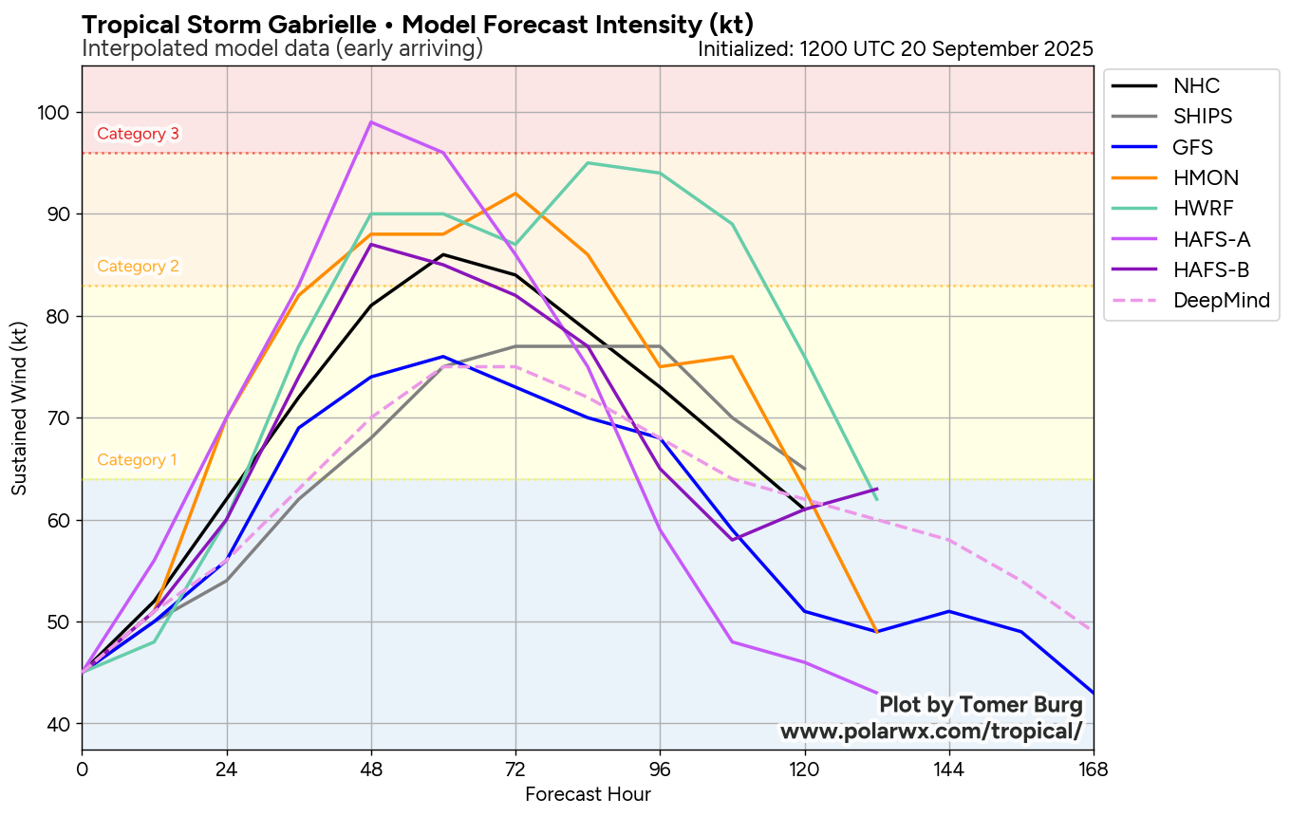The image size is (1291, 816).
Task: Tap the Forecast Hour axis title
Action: (588, 794)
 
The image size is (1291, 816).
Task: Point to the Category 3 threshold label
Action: (138, 134)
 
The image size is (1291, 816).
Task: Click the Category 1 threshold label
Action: (137, 460)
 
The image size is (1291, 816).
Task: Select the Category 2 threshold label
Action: (138, 267)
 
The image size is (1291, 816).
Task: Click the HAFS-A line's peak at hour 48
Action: (371, 122)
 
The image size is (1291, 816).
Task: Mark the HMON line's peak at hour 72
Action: (515, 194)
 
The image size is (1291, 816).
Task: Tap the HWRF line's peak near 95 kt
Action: (588, 163)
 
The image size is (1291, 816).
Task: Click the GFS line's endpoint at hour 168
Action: (1093, 693)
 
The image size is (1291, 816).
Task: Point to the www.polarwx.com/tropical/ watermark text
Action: (930, 732)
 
